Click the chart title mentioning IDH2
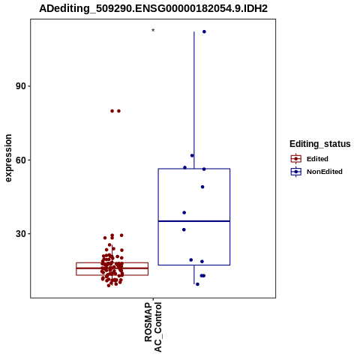click(x=153, y=8)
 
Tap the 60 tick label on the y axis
click(x=21, y=160)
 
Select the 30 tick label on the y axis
click(x=21, y=234)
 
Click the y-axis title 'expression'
click(x=8, y=158)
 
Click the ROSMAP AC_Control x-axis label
click(x=153, y=327)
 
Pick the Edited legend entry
click(x=310, y=159)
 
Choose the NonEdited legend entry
click(x=316, y=172)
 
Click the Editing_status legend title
click(x=320, y=144)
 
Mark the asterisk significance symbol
click(x=153, y=31)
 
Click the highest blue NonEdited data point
click(x=204, y=31)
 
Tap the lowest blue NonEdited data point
click(x=197, y=284)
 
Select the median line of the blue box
click(x=194, y=221)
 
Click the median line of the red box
click(x=112, y=268)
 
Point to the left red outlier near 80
click(x=112, y=111)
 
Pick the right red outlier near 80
click(x=118, y=111)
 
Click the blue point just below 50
click(x=202, y=187)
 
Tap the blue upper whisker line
click(x=194, y=100)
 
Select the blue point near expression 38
click(x=184, y=213)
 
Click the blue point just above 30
click(x=184, y=229)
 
